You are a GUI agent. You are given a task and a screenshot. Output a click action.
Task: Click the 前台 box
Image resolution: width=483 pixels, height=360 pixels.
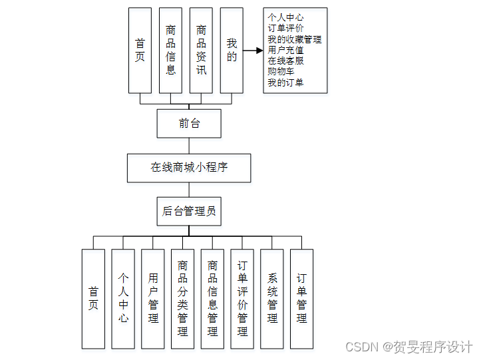point(189,123)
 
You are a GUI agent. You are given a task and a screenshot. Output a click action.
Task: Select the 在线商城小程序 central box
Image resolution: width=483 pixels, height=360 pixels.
point(189,168)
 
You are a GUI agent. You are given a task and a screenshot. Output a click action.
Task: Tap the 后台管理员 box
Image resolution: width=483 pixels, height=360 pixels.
point(189,212)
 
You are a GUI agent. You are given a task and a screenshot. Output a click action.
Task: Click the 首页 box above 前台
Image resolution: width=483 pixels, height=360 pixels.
point(140,51)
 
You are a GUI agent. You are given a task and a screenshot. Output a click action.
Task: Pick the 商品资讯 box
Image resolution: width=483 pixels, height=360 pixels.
point(201,51)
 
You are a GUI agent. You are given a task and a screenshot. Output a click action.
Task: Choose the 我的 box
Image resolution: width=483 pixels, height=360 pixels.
point(232,51)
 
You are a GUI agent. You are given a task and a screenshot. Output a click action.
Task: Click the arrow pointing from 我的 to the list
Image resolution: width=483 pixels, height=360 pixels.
point(253,51)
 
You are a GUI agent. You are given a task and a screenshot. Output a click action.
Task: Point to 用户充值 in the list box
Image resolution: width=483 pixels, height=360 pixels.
point(285,50)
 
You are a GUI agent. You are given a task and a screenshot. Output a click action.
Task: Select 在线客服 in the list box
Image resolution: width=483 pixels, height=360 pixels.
point(285,61)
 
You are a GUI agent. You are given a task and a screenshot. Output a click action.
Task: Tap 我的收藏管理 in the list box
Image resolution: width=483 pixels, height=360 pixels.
point(294,39)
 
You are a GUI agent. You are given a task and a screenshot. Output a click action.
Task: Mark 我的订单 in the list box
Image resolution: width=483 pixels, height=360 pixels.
point(285,82)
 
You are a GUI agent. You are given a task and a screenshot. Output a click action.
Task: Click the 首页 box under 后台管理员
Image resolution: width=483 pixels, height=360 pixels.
point(93,299)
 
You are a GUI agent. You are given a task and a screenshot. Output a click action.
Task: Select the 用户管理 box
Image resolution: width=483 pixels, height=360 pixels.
point(153,299)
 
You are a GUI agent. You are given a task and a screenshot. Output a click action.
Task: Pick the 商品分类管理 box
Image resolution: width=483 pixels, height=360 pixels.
point(182,299)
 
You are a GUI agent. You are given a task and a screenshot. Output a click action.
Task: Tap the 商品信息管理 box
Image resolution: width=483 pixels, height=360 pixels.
point(212,299)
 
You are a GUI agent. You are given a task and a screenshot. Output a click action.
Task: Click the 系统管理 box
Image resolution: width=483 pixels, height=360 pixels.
point(271,299)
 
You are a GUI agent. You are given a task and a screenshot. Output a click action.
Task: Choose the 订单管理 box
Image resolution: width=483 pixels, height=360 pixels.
point(301,299)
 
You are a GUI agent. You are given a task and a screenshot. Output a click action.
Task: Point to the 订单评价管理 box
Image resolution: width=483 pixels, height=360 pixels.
point(242,299)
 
